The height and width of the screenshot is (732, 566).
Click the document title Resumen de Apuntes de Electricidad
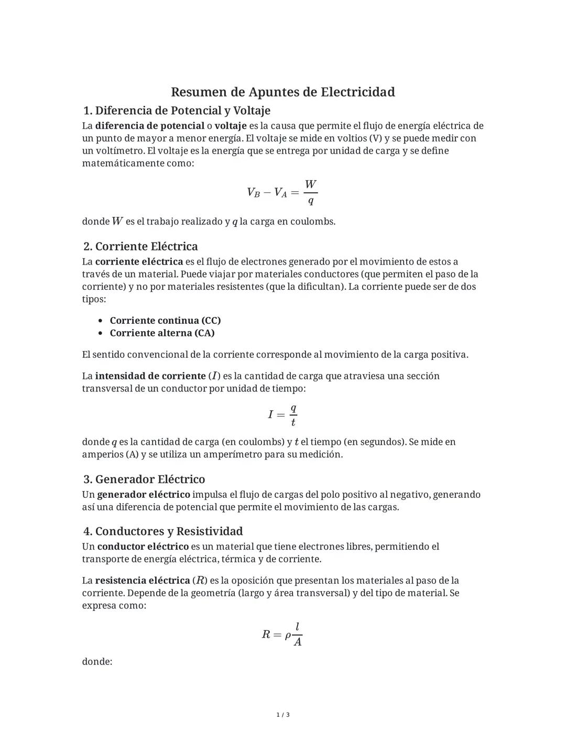(282, 92)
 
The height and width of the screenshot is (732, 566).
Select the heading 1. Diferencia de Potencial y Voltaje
(177, 111)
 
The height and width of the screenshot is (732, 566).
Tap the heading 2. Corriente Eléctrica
(140, 246)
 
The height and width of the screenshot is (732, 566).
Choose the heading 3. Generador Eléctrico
(144, 479)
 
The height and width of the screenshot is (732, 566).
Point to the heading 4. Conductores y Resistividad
(163, 531)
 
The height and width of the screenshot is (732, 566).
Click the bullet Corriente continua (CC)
(165, 321)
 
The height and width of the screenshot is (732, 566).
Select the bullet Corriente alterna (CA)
(162, 333)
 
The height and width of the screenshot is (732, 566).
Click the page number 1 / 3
(282, 715)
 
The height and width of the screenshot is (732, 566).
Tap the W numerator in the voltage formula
(310, 184)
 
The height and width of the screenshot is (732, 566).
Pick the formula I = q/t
(282, 415)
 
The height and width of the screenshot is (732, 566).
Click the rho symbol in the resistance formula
(288, 636)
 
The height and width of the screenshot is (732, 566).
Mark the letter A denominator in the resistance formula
(297, 642)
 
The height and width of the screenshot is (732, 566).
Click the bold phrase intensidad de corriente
(150, 376)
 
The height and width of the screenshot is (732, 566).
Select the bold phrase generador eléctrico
(144, 495)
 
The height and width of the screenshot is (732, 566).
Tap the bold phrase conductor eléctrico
(143, 547)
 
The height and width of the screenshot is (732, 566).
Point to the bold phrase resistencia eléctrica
(143, 581)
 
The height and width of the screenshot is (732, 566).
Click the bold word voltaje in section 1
(231, 126)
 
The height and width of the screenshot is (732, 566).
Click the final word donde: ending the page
(97, 662)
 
